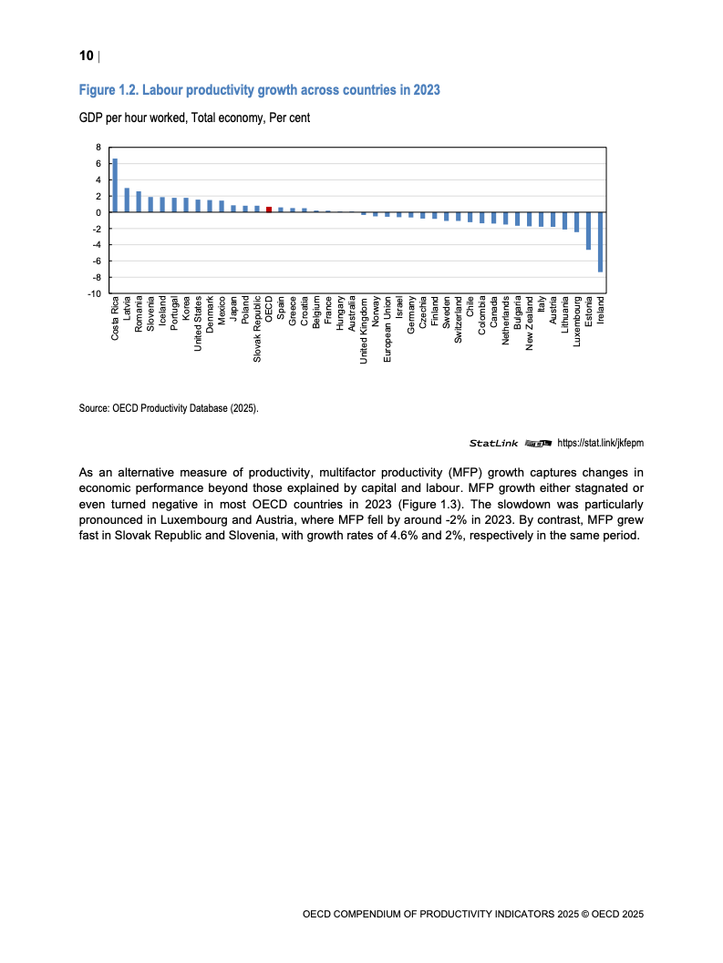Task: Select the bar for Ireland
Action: point(601,241)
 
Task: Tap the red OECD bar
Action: point(269,209)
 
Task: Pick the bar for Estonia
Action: point(589,231)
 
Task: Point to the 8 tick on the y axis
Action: point(98,147)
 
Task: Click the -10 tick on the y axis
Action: point(95,293)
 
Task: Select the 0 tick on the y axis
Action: point(98,212)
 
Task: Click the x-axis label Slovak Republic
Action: point(257,331)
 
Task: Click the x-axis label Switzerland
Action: point(459,320)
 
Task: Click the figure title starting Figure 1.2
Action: point(260,90)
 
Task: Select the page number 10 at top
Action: point(86,56)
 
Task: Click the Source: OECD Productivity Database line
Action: point(169,409)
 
